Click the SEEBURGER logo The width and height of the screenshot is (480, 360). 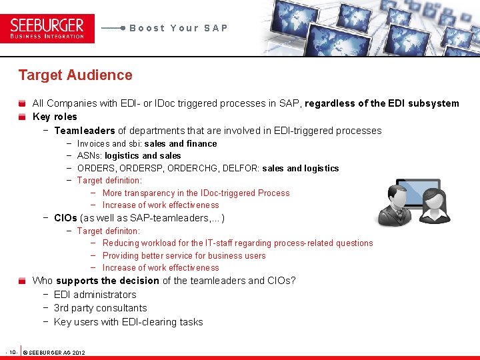pos(47,28)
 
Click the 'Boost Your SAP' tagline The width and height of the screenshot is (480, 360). pos(179,28)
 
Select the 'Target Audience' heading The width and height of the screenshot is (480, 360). pos(75,75)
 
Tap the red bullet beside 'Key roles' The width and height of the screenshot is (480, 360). pos(23,117)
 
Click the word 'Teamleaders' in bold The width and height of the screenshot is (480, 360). pos(85,131)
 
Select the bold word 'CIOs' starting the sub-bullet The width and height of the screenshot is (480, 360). pos(65,218)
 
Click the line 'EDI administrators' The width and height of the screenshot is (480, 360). pos(95,295)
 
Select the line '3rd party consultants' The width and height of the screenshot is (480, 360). pos(100,308)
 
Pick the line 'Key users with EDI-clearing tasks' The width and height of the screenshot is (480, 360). pos(128,322)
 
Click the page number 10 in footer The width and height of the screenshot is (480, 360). pos(12,351)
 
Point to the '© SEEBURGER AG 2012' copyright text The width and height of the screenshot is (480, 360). pos(54,352)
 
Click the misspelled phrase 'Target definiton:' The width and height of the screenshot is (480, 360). pos(109,231)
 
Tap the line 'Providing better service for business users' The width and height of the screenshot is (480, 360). pos(184,256)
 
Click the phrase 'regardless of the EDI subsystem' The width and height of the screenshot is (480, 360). pos(383,103)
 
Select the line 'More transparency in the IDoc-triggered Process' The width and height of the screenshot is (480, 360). pos(196,193)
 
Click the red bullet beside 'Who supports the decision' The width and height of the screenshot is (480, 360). pos(23,281)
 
